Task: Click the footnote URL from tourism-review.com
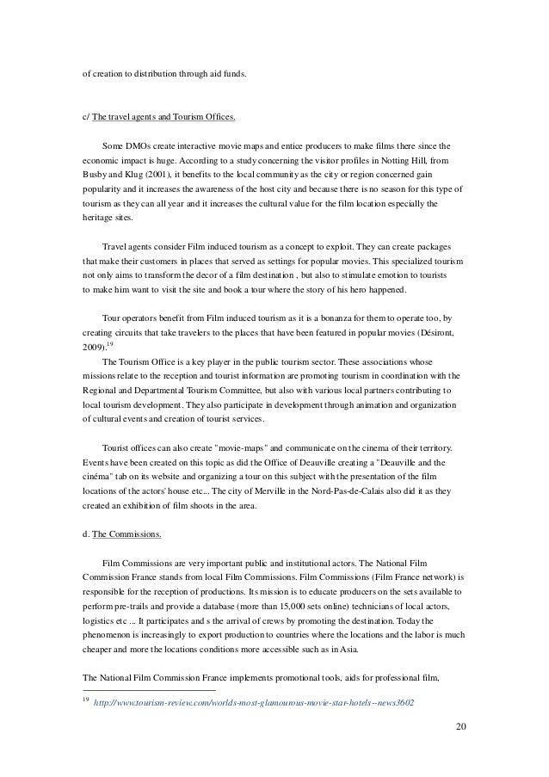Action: [253, 701]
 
